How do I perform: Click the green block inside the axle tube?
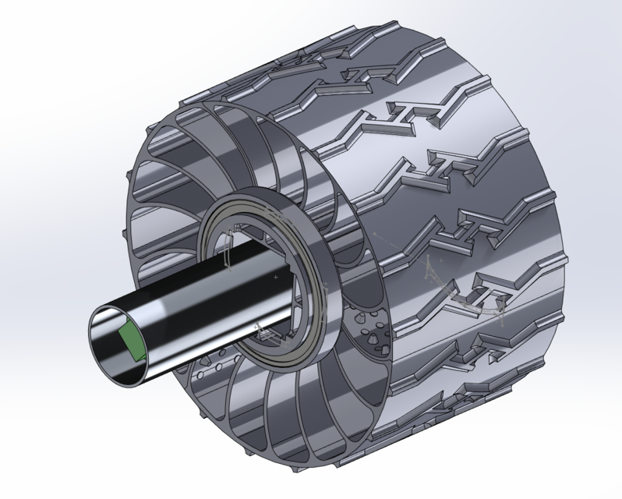[130, 343]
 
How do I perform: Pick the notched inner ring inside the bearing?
[234, 234]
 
